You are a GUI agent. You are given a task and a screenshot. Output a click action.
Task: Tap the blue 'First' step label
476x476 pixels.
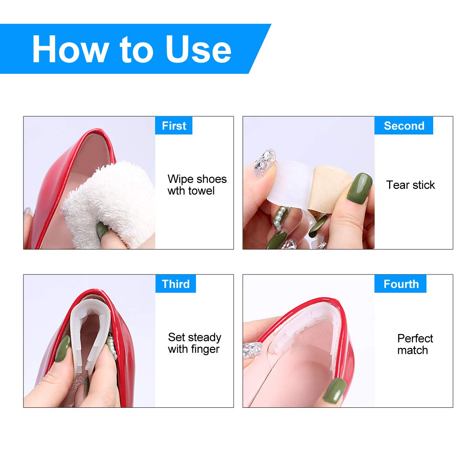click(x=174, y=126)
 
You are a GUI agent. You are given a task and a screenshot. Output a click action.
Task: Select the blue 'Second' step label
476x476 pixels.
click(x=404, y=126)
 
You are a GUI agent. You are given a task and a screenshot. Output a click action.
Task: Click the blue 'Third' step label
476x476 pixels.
click(x=175, y=284)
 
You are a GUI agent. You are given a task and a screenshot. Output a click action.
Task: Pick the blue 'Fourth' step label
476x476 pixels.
click(x=401, y=284)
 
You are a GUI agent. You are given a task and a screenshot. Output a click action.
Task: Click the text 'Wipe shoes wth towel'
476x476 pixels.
click(x=197, y=185)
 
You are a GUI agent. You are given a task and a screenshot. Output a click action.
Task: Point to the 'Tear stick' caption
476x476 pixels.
click(x=410, y=185)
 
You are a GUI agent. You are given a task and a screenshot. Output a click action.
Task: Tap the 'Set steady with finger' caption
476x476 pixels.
click(x=194, y=343)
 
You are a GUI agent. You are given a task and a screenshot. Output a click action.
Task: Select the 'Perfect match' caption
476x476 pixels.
click(x=415, y=344)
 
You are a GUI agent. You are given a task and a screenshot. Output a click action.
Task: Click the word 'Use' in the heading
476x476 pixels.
click(x=198, y=49)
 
